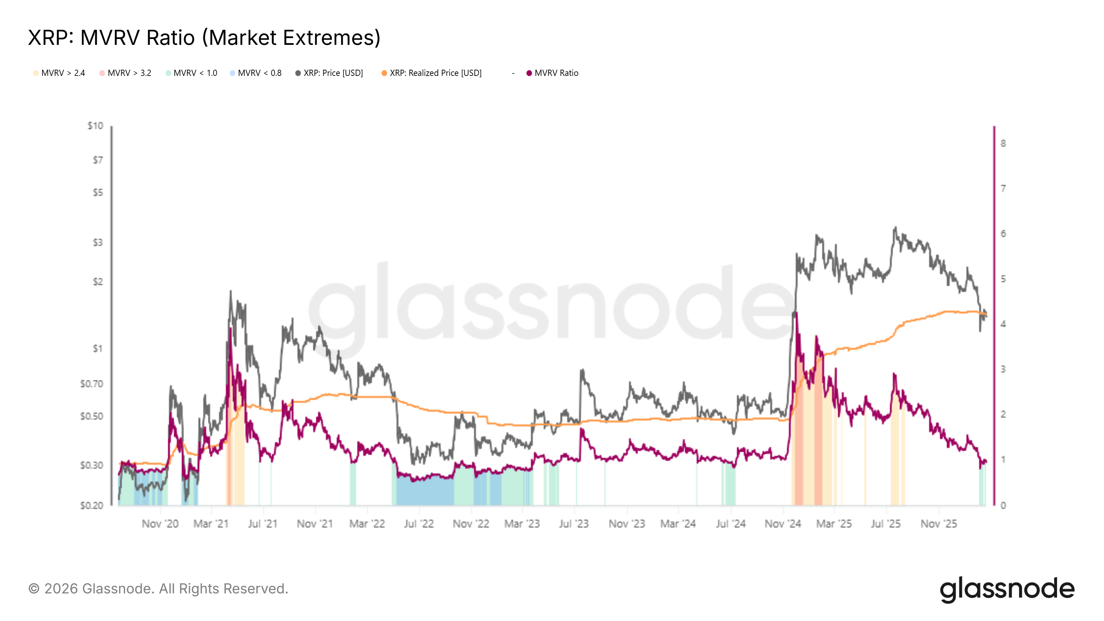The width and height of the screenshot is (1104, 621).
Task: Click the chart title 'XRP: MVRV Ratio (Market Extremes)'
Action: pyautogui.click(x=204, y=38)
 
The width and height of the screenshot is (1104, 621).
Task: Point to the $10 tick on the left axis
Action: pyautogui.click(x=95, y=126)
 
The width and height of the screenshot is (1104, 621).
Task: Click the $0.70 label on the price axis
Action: pyautogui.click(x=92, y=384)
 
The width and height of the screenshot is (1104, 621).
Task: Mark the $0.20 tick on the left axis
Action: pyautogui.click(x=92, y=506)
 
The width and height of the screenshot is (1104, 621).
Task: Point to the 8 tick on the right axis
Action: pyautogui.click(x=1003, y=144)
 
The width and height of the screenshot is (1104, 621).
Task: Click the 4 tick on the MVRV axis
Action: pyautogui.click(x=1003, y=324)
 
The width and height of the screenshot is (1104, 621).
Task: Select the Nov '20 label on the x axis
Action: pyautogui.click(x=160, y=524)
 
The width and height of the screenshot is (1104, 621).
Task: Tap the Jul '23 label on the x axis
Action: pyautogui.click(x=574, y=524)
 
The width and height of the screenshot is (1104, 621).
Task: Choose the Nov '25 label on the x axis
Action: pyautogui.click(x=938, y=524)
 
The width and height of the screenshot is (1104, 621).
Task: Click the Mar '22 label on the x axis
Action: pyautogui.click(x=367, y=524)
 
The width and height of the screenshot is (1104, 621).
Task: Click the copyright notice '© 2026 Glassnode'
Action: pyautogui.click(x=158, y=589)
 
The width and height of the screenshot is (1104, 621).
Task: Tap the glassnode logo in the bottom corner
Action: pyautogui.click(x=1007, y=589)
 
